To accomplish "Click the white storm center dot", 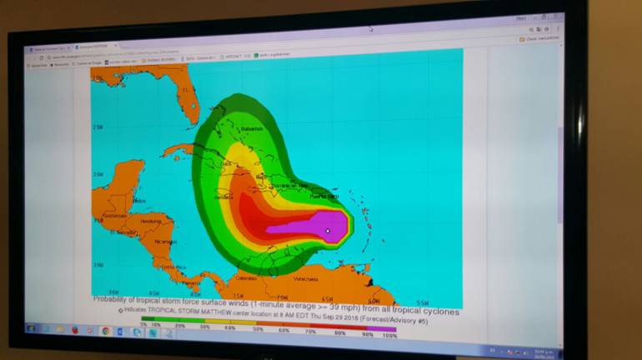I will [x=328, y=231].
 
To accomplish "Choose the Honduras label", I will [x=152, y=222].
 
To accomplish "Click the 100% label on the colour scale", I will [x=389, y=335].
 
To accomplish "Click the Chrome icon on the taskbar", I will [x=106, y=331].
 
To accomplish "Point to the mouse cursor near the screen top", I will [x=371, y=29].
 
